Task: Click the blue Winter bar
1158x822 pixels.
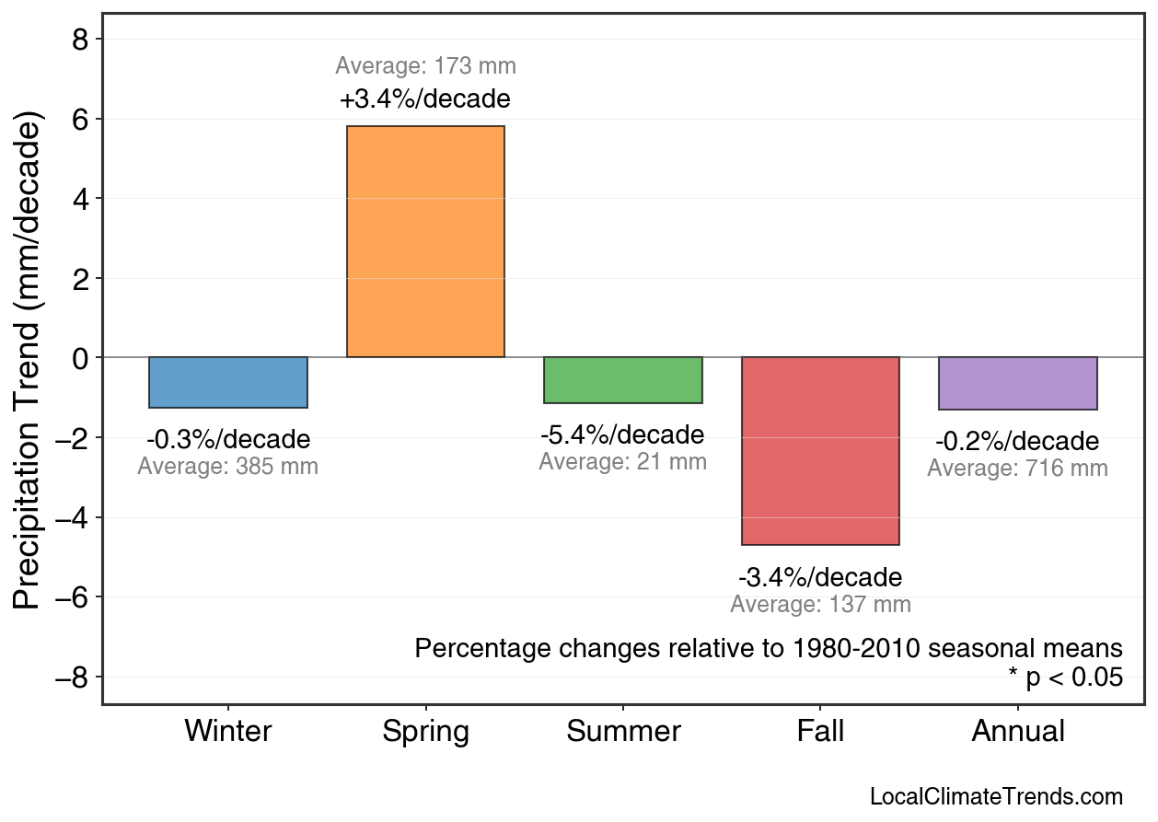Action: pos(228,382)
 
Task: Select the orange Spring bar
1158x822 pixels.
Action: pos(425,241)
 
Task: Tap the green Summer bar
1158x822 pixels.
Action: pos(623,379)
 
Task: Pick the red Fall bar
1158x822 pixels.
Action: pos(820,451)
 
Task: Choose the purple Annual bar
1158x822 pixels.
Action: pos(1018,383)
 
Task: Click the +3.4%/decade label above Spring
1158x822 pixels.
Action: pos(425,98)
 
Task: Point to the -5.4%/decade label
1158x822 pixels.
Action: pos(623,434)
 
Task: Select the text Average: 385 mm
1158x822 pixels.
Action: pos(228,467)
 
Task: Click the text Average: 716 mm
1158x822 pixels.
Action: pos(1017,468)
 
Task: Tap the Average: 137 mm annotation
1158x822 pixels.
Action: pos(820,605)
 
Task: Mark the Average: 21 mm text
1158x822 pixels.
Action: pos(623,462)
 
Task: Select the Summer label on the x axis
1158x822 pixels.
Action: pos(623,732)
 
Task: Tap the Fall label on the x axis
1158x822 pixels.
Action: pos(820,732)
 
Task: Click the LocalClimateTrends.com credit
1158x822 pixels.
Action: pos(996,796)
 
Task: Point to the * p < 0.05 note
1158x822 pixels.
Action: pos(1065,677)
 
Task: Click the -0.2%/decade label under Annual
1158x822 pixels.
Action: pos(1017,441)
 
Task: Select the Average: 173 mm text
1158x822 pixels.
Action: pos(425,66)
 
